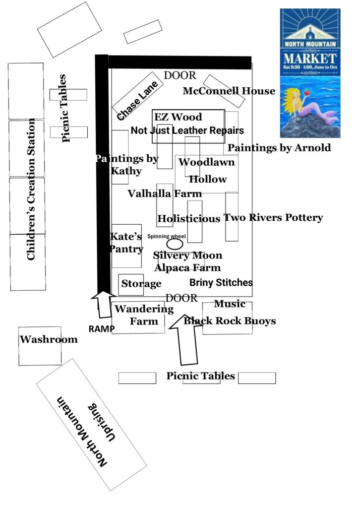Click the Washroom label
click(49, 339)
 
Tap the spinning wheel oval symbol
click(174, 244)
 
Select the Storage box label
click(141, 284)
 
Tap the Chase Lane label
click(137, 101)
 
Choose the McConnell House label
click(229, 91)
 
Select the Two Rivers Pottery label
click(273, 217)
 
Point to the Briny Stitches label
click(221, 282)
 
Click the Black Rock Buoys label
click(230, 321)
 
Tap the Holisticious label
click(188, 219)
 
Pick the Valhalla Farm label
click(165, 193)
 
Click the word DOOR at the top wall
click(180, 75)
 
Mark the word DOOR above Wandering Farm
click(181, 298)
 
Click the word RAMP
click(102, 328)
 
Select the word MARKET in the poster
click(310, 56)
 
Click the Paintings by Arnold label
click(279, 148)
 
